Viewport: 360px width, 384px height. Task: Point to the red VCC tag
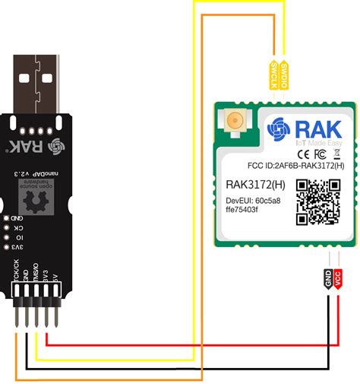tap(338, 279)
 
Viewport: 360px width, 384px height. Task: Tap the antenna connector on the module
tap(236, 121)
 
